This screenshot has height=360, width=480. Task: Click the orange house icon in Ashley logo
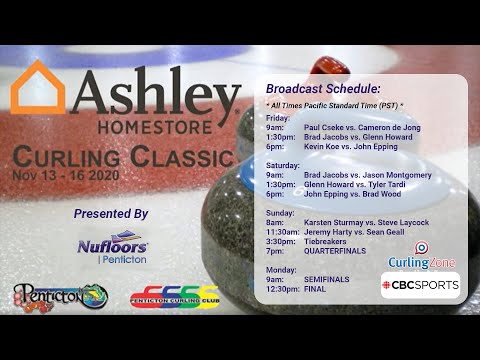[x=37, y=89]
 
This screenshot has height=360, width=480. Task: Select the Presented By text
[x=111, y=213]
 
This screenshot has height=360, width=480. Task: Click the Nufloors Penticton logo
[x=113, y=249]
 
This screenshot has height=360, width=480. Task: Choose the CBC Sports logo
[x=421, y=285]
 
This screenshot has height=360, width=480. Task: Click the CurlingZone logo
[x=422, y=256]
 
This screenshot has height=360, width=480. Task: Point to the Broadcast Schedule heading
[x=323, y=89]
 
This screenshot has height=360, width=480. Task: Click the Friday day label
[x=279, y=117]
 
